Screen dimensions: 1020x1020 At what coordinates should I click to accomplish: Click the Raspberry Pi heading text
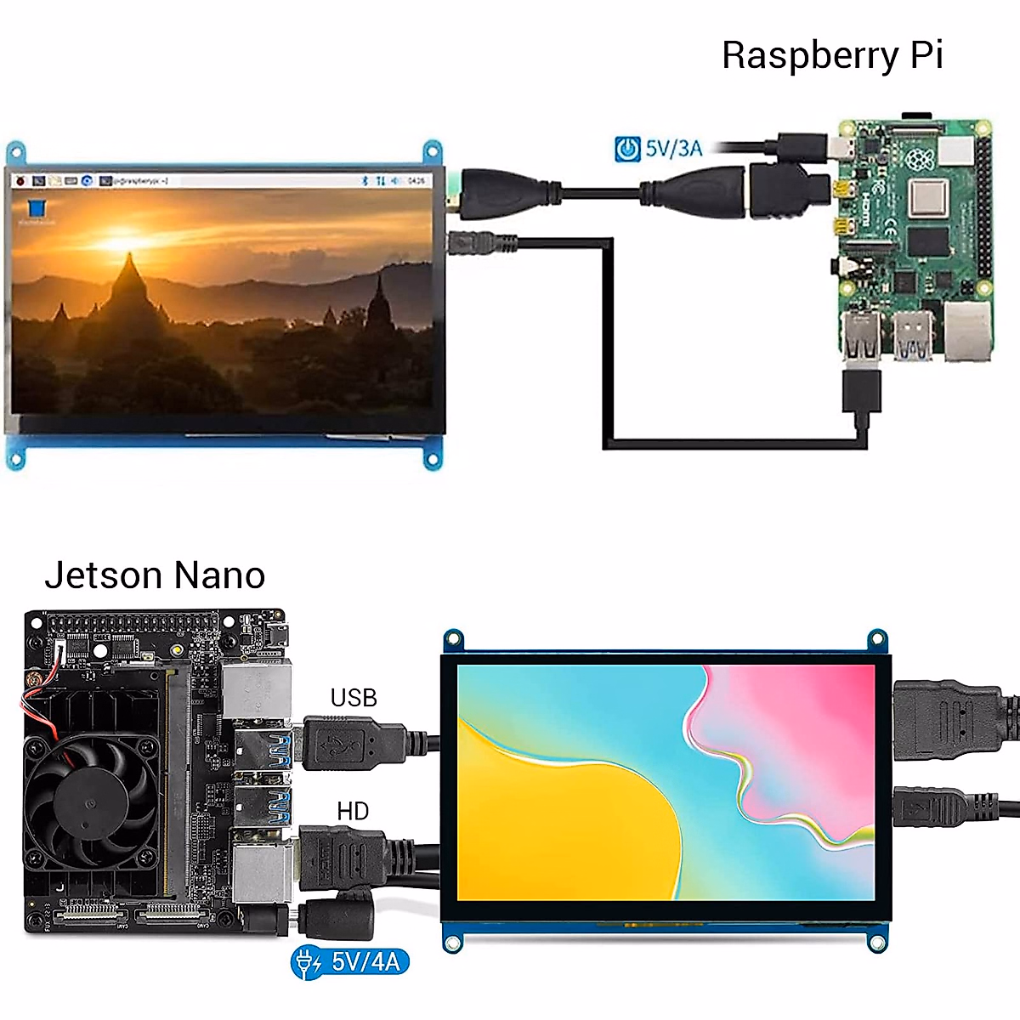(832, 56)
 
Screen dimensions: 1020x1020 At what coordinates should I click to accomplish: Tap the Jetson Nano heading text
(155, 575)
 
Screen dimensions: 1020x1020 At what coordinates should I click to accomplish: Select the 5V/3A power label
(673, 148)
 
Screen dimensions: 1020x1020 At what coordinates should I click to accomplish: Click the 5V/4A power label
(365, 961)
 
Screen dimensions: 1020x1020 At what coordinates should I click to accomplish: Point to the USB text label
(353, 698)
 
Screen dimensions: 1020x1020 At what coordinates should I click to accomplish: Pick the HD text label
(353, 811)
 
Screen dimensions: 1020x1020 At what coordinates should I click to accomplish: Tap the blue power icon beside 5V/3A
(627, 149)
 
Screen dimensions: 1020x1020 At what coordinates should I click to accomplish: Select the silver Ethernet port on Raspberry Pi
(967, 331)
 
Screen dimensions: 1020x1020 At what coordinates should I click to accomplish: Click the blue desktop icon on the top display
(37, 210)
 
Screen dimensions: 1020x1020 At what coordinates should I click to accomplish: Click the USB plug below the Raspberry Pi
(861, 390)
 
